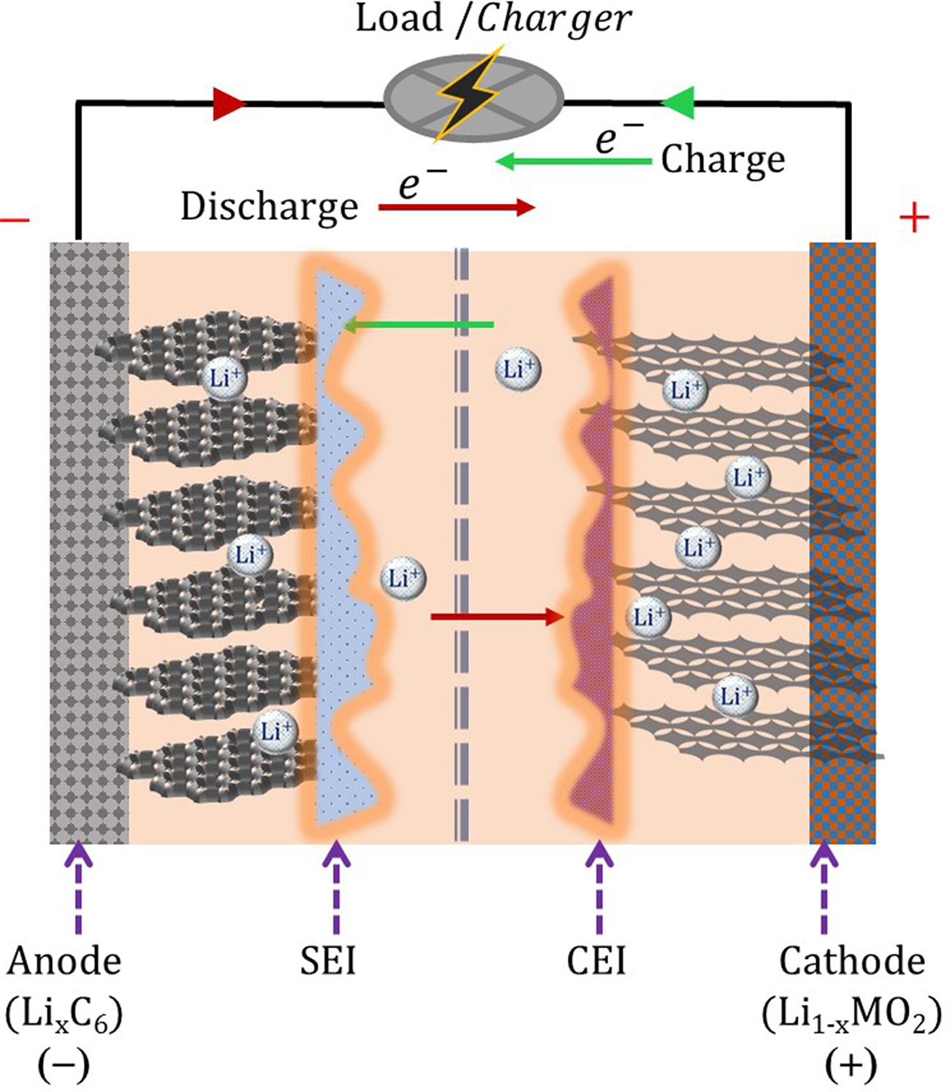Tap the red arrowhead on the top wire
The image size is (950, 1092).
click(227, 104)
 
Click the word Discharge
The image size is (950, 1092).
click(269, 207)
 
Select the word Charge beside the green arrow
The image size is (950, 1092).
click(723, 160)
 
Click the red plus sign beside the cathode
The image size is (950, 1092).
click(913, 218)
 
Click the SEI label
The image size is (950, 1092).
click(328, 961)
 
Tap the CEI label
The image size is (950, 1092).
click(596, 961)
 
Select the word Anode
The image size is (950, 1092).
click(64, 961)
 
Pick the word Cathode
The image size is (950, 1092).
click(851, 961)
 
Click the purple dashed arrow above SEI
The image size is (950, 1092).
click(336, 887)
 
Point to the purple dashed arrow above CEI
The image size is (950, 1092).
click(599, 887)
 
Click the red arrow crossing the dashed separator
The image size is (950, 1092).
click(497, 617)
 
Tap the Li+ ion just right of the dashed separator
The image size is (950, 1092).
click(518, 369)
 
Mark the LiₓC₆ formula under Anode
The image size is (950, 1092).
click(64, 1014)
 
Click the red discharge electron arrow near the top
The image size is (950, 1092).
click(457, 207)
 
